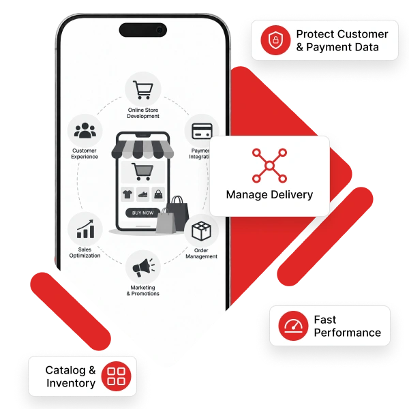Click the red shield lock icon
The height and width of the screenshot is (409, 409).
(x=275, y=40)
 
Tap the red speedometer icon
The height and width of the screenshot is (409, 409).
(x=293, y=326)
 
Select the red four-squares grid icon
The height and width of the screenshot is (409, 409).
(x=116, y=376)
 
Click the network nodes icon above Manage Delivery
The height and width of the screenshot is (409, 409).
(x=269, y=166)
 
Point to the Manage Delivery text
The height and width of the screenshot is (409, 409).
(x=269, y=194)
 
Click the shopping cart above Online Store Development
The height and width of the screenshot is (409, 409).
(x=143, y=90)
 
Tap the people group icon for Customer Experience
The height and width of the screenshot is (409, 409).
(x=85, y=130)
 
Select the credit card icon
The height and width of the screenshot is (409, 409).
(x=202, y=131)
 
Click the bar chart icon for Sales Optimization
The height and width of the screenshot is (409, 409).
(x=85, y=229)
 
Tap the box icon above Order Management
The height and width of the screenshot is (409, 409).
(x=201, y=231)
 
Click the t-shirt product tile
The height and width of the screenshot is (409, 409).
(x=127, y=194)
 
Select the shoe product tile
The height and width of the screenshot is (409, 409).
(x=143, y=194)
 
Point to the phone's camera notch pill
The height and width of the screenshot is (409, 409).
(x=143, y=30)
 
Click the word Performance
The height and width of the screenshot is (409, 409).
(x=348, y=333)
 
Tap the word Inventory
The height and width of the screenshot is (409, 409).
(x=71, y=383)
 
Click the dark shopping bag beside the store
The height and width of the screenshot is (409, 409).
(x=177, y=213)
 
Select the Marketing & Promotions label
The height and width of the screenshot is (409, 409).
(x=143, y=290)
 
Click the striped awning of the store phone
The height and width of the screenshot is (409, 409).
(x=142, y=149)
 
